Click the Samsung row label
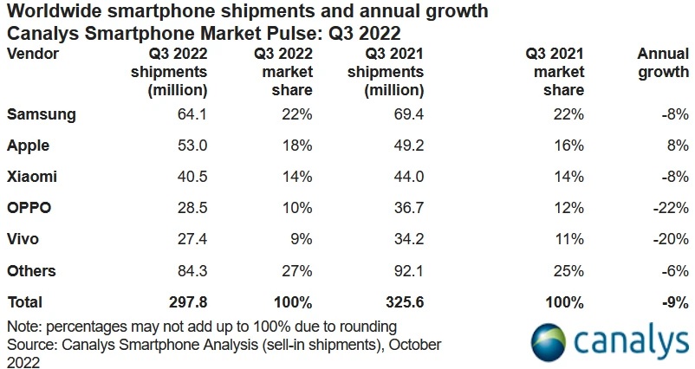point(42,114)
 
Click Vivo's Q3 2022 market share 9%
point(297,239)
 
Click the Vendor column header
point(32,53)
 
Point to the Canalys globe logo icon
point(551,343)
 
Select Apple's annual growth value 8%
point(676,146)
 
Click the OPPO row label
point(29,208)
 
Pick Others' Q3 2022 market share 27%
point(294,270)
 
